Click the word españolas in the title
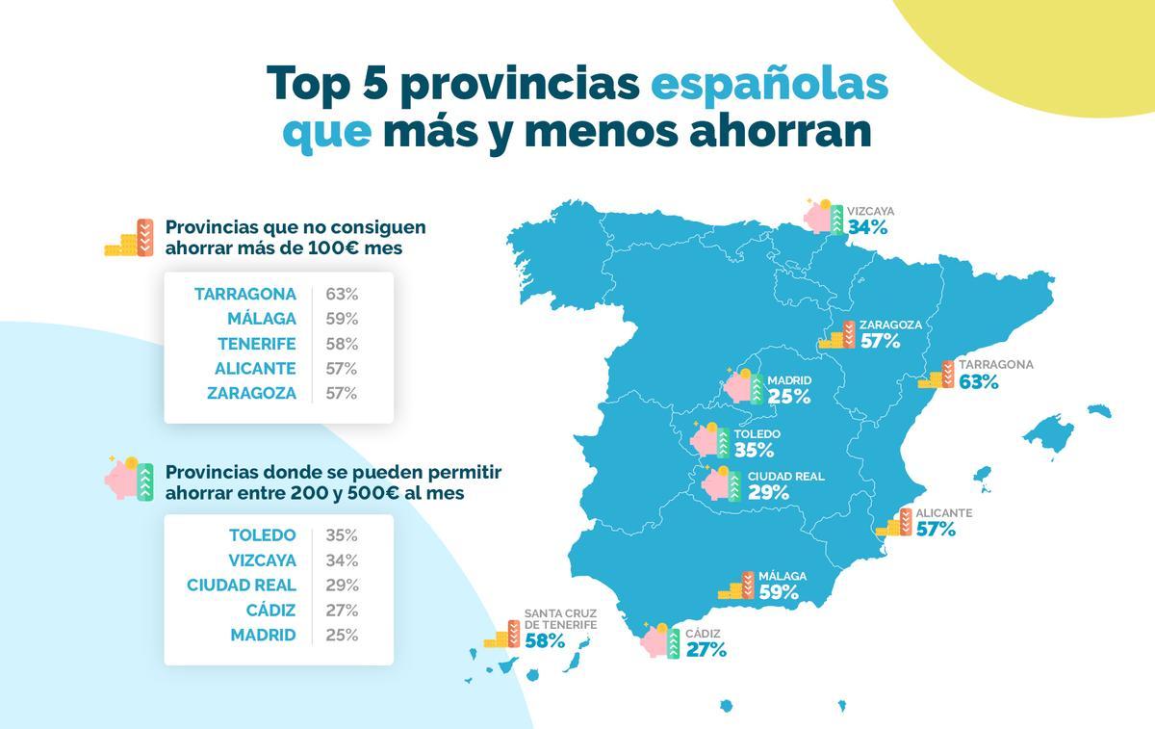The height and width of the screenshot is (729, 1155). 769,84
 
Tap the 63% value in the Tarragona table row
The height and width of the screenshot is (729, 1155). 342,294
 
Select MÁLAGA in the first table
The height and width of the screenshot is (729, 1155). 262,319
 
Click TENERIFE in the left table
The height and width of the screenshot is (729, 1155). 257,344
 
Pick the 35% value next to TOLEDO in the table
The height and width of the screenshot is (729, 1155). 342,535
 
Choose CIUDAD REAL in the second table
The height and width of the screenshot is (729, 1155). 242,586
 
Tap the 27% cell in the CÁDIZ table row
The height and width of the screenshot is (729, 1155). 342,611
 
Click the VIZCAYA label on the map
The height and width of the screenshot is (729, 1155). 870,211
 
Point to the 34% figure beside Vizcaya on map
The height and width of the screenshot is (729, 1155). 867,228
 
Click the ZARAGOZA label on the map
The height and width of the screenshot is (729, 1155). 890,325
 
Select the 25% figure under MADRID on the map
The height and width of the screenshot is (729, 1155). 789,397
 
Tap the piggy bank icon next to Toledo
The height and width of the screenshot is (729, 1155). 710,440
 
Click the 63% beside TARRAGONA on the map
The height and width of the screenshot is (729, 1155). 979,382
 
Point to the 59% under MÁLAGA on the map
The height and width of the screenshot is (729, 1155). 779,593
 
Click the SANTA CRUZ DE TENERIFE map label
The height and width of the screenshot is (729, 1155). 560,618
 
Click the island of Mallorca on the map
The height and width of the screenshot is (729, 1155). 1048,432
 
